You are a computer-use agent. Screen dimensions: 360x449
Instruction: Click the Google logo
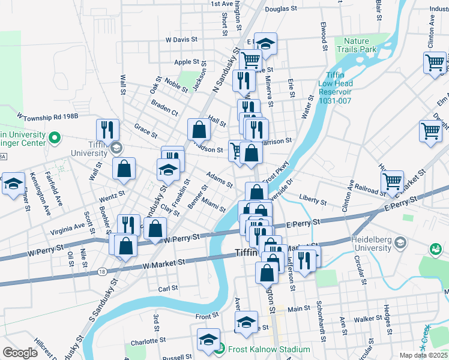tap(20, 352)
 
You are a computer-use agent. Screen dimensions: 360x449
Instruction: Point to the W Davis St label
tap(182, 40)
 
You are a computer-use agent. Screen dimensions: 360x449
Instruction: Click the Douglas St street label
tap(281, 9)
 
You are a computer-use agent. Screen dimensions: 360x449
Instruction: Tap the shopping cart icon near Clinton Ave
tap(434, 62)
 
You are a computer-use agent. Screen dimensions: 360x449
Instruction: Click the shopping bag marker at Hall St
tap(199, 128)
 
